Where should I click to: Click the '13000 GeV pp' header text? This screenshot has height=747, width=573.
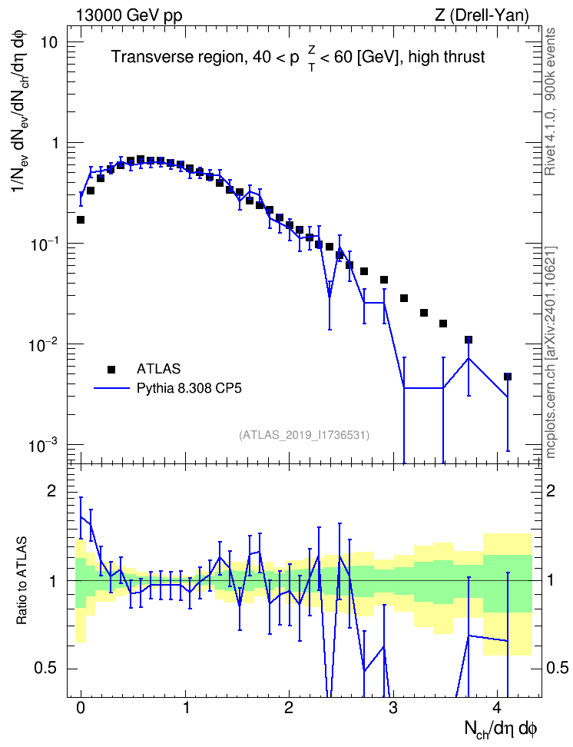pos(128,15)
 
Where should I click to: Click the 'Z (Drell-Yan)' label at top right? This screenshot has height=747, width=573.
pos(482,15)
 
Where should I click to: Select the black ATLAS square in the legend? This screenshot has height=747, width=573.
pos(111,369)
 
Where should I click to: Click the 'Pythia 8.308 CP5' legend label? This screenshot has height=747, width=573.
pos(189,388)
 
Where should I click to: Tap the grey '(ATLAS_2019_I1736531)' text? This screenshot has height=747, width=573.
pos(304,434)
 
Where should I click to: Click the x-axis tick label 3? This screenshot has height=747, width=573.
pos(392,708)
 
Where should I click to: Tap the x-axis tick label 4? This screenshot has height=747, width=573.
pos(497,708)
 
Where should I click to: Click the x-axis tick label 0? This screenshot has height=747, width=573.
pos(81,708)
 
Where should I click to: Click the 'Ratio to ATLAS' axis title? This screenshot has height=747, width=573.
pos(22,581)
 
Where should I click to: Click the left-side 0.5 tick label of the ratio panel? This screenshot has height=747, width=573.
pos(46,669)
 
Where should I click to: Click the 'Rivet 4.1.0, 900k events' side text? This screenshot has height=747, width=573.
pos(550,101)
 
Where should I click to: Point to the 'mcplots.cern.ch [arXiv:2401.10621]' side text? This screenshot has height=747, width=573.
pos(550,353)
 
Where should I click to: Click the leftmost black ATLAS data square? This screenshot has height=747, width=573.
pos(81,220)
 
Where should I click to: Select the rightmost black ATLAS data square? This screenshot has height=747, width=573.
pos(508,377)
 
